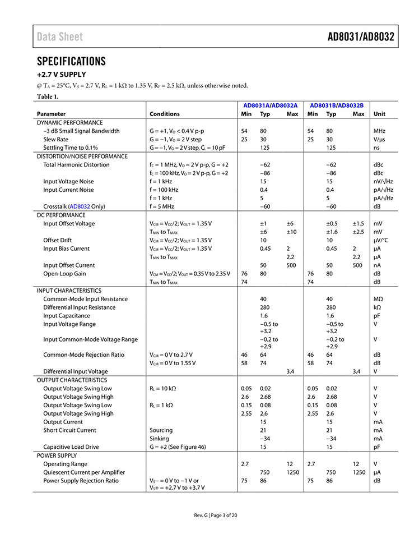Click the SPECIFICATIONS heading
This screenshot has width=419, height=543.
point(71,61)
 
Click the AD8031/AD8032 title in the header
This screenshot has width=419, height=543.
point(361,37)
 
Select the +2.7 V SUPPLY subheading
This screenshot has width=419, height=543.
point(62,75)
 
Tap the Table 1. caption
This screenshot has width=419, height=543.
point(48,96)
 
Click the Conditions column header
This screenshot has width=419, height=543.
point(165,114)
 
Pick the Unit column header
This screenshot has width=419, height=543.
point(379,114)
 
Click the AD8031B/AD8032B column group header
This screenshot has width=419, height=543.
point(337,105)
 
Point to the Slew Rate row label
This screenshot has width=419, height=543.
point(56,139)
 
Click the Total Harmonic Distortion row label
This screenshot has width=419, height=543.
point(76,165)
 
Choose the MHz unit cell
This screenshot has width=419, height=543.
point(380,131)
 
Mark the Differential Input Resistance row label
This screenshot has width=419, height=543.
point(80,307)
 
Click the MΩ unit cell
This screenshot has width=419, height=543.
point(378,299)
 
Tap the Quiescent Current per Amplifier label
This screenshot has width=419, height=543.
point(84,472)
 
